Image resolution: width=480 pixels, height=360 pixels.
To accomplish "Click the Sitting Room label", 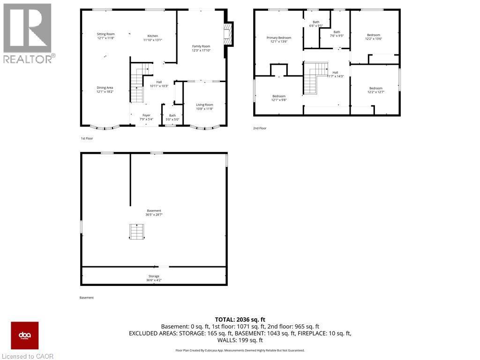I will click(105, 34).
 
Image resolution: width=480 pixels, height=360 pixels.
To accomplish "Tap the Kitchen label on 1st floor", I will click(153, 37).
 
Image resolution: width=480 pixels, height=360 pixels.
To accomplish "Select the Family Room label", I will click(201, 46).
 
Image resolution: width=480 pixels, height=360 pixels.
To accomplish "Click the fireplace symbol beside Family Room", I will click(227, 35).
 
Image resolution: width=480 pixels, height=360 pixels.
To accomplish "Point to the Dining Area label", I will click(105, 88).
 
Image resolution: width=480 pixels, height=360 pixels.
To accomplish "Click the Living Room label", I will click(204, 105).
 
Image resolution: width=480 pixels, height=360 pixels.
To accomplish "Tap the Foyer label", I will click(146, 115).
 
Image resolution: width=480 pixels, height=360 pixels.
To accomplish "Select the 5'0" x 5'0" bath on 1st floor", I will click(172, 116).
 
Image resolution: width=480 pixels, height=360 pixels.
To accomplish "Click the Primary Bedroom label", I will click(279, 38).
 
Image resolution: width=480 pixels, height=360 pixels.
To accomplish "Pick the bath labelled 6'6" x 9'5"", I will click(316, 22).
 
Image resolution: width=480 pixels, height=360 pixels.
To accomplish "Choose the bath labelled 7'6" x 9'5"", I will click(337, 32).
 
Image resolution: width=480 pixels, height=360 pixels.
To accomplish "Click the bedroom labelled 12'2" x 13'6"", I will click(374, 35).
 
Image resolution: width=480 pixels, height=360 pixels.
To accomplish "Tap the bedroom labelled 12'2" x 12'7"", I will click(375, 89).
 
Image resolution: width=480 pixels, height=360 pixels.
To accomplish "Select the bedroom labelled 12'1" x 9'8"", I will click(279, 97).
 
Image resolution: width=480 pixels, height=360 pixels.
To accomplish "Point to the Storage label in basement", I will click(154, 277).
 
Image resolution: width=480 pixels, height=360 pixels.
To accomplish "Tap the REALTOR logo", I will click(29, 33).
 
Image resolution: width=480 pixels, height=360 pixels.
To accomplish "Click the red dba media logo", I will click(25, 336).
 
